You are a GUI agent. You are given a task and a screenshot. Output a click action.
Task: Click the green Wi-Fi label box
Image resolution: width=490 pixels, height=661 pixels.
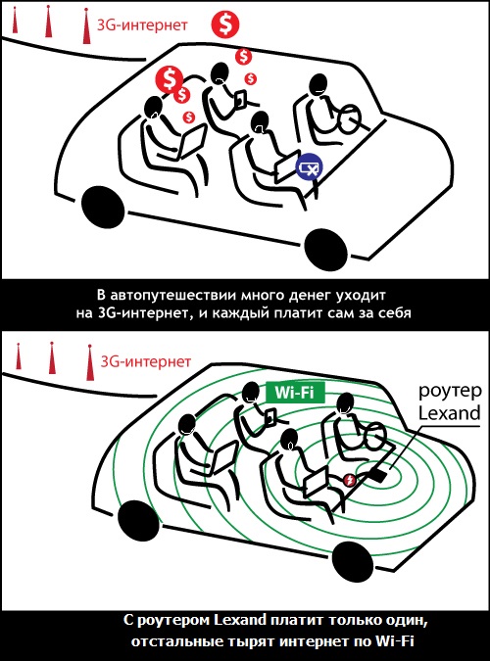click(295, 393)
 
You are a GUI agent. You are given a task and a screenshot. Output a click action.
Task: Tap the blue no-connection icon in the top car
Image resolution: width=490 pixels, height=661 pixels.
click(309, 167)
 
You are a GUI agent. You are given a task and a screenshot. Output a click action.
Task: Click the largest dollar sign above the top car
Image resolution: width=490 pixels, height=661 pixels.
click(225, 24)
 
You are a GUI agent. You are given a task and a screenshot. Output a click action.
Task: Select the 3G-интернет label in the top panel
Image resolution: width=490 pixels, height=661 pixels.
click(142, 24)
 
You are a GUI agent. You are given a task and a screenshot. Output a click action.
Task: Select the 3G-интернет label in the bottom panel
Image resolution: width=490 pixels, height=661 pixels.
click(146, 361)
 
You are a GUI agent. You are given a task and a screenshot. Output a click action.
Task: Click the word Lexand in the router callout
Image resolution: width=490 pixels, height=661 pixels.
click(450, 412)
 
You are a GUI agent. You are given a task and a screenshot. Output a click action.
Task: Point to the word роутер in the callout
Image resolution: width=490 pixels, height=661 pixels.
click(450, 392)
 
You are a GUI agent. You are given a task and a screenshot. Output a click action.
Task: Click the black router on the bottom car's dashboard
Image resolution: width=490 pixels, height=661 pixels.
click(377, 475)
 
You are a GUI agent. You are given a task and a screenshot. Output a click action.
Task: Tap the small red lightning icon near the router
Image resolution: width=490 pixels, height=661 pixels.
click(350, 480)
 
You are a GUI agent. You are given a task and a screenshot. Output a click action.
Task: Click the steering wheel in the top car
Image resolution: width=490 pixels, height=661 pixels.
click(350, 118)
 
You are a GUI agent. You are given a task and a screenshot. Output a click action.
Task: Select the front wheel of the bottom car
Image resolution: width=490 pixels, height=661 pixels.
click(353, 564)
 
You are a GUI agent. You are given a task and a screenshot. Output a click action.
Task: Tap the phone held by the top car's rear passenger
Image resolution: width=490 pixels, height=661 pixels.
click(240, 100)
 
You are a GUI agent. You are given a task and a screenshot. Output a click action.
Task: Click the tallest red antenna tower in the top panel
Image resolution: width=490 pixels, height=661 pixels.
click(86, 25)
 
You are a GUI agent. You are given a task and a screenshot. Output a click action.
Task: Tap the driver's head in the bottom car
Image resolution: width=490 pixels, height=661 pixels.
click(345, 403)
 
